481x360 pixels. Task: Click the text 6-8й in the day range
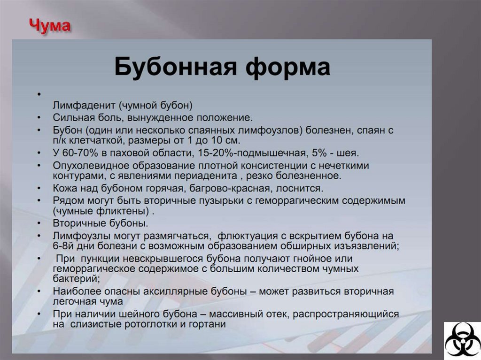[63, 245]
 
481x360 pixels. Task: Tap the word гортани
[210, 324]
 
